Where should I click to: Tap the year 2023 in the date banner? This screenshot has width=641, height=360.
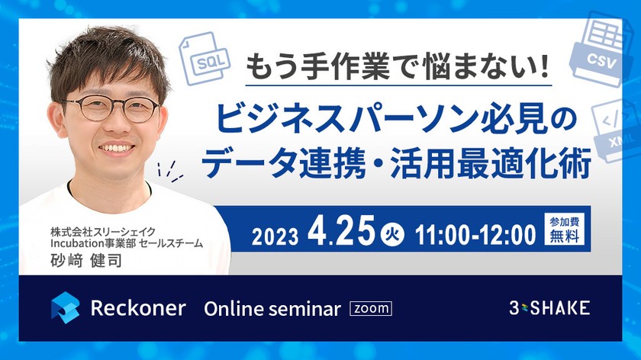click(x=274, y=234)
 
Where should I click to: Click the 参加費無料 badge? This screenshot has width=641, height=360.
click(x=565, y=230)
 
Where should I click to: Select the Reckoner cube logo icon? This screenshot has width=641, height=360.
click(x=66, y=308)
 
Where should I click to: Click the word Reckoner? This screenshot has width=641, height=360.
click(x=137, y=308)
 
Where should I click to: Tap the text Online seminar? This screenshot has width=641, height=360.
click(x=272, y=309)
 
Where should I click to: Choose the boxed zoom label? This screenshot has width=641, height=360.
click(x=370, y=309)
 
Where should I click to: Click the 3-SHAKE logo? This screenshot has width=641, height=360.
click(x=549, y=308)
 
